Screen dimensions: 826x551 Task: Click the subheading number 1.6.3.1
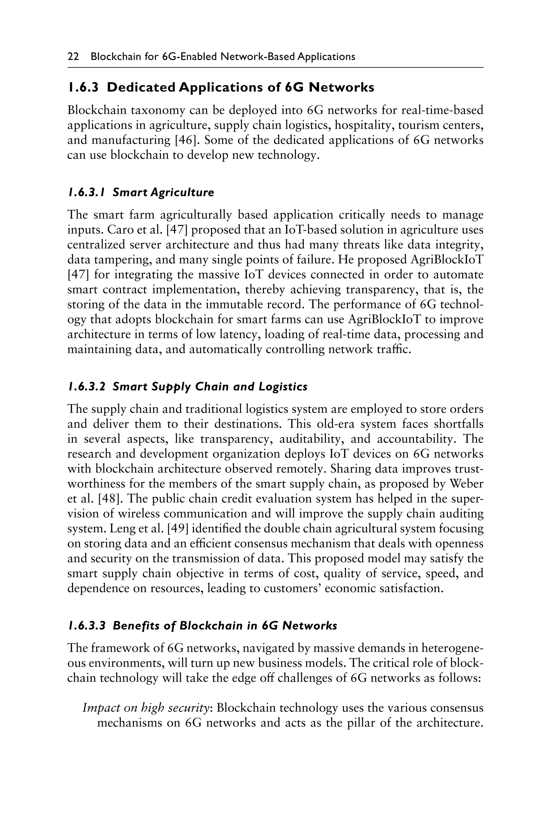click(x=86, y=193)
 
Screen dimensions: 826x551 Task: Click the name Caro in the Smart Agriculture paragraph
click(x=118, y=230)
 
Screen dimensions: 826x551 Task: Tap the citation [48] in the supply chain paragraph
click(x=107, y=499)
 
